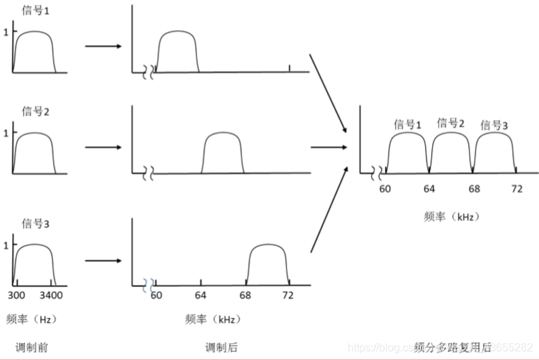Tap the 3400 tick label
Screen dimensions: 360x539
point(50,295)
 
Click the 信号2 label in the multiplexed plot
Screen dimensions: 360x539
point(450,123)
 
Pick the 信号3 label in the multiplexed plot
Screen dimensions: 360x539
point(494,125)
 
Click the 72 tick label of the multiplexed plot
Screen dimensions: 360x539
point(518,188)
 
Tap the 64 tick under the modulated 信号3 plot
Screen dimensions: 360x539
point(200,295)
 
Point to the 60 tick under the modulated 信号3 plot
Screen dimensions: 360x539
point(156,295)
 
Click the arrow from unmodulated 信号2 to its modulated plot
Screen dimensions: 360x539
point(103,147)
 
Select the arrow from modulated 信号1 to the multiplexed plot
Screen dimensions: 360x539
point(329,95)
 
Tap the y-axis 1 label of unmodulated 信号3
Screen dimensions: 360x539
point(6,244)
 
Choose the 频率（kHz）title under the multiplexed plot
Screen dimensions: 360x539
point(451,217)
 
